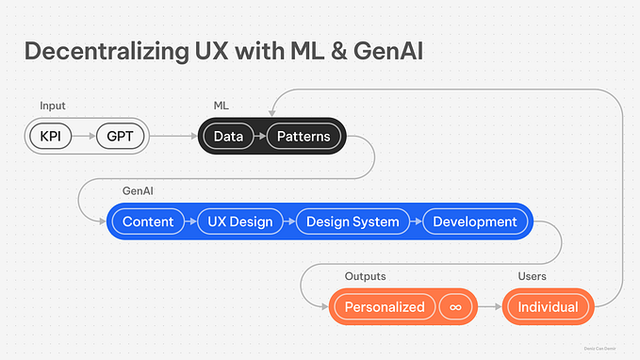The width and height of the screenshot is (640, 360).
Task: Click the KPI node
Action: coord(51,137)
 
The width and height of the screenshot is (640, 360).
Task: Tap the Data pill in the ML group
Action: coord(228,137)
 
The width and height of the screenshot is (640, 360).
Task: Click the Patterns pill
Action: coord(304,137)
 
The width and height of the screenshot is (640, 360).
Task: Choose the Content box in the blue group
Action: coord(148,221)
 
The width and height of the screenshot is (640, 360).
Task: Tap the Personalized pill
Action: coord(384,306)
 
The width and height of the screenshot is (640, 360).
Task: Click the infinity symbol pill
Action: coord(456,306)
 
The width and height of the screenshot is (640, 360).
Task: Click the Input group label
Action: coord(52,106)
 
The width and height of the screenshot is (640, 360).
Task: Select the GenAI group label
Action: coord(138,191)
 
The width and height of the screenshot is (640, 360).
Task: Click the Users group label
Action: coord(533,276)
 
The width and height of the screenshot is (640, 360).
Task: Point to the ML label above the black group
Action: coord(222,106)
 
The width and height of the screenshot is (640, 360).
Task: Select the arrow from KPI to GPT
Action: coord(85,137)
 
